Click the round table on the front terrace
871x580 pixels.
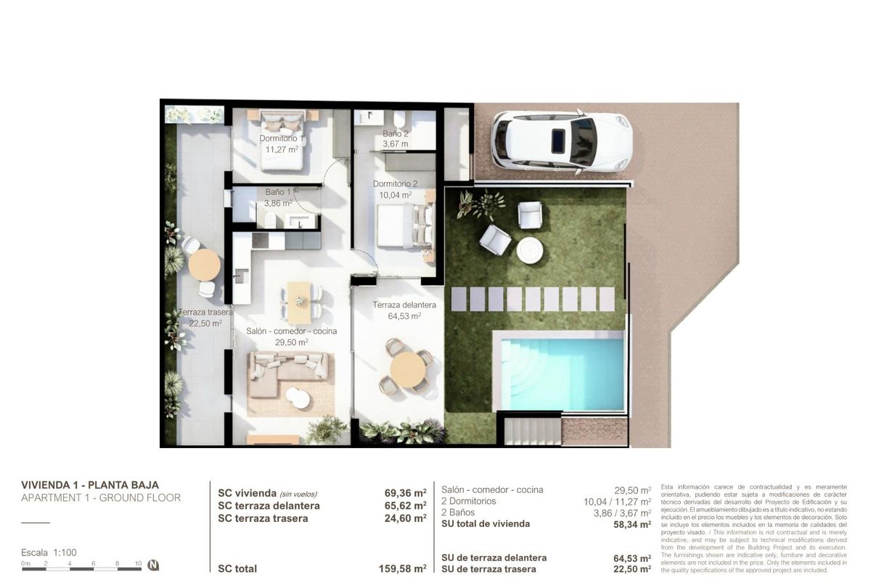[408, 369]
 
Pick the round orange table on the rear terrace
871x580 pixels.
[204, 265]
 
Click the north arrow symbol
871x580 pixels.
[153, 565]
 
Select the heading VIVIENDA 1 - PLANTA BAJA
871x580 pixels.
[90, 485]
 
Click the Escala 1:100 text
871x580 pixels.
[49, 552]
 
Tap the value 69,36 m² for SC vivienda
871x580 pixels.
[405, 493]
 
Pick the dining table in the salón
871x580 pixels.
[298, 302]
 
